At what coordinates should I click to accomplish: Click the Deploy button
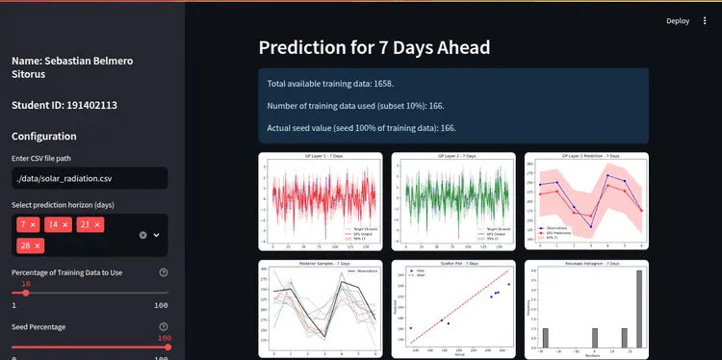tap(678, 20)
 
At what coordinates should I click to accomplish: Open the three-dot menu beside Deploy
tap(705, 20)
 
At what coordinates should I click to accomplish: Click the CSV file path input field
tap(90, 178)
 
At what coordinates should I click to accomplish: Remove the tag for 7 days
tap(34, 224)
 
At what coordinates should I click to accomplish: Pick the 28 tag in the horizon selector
tap(24, 246)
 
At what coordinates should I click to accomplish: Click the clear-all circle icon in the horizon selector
tap(142, 235)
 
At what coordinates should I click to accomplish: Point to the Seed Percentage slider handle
tap(168, 347)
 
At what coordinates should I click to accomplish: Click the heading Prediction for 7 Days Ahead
tap(374, 47)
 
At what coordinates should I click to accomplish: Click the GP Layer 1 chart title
tap(322, 156)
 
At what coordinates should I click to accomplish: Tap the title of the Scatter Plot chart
tap(453, 264)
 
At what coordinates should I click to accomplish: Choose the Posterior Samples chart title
tap(322, 264)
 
